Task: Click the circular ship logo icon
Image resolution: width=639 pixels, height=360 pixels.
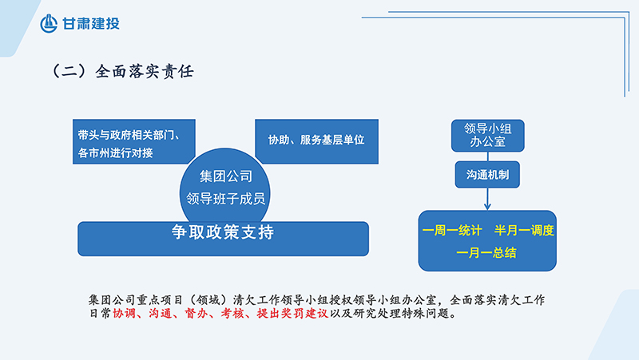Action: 49,23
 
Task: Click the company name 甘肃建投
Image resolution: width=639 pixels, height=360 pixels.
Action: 91,24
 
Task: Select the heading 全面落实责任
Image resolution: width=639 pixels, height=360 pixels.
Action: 145,72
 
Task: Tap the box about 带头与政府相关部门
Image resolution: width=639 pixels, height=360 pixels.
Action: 134,141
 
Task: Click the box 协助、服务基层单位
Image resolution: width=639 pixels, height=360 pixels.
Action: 316,141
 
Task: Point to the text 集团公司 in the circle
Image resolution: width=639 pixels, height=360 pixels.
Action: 226,176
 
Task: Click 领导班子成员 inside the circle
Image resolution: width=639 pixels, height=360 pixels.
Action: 226,199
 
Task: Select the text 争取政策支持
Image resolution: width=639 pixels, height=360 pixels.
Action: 223,232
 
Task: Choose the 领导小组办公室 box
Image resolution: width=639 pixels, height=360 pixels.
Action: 487,136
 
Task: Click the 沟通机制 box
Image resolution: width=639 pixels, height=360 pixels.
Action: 487,175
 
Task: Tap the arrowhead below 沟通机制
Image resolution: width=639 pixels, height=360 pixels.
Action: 487,207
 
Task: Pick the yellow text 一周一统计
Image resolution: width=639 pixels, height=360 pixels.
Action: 452,231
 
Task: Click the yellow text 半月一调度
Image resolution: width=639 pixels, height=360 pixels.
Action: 524,231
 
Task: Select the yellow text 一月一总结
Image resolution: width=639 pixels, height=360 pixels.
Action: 486,253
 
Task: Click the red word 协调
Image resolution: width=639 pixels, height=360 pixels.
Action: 124,313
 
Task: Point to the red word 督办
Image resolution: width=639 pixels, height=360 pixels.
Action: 196,313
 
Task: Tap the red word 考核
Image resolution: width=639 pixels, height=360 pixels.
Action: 232,313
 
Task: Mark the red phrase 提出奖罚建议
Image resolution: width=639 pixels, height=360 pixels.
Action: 292,313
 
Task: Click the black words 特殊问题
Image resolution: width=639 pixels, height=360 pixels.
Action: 426,313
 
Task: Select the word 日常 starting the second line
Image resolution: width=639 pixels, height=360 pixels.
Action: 100,313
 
